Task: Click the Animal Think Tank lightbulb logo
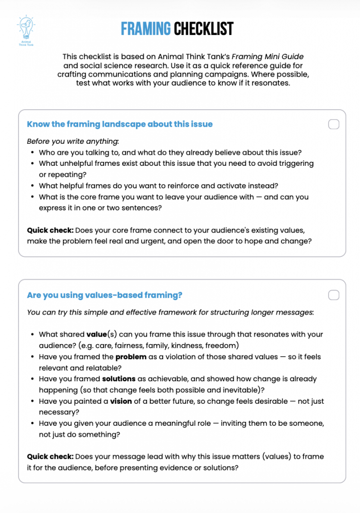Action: click(26, 27)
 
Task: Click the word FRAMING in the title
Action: click(146, 29)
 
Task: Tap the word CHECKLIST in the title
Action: click(204, 29)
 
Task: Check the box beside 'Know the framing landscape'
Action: click(333, 124)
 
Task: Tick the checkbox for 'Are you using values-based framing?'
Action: click(333, 295)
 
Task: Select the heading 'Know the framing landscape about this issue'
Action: click(120, 124)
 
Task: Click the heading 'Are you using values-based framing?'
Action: click(105, 295)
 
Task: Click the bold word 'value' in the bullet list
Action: click(97, 334)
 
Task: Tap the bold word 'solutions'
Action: click(119, 379)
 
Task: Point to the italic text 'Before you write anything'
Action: click(73, 141)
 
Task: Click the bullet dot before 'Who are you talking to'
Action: click(33, 152)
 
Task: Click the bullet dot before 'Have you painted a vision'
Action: click(33, 401)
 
